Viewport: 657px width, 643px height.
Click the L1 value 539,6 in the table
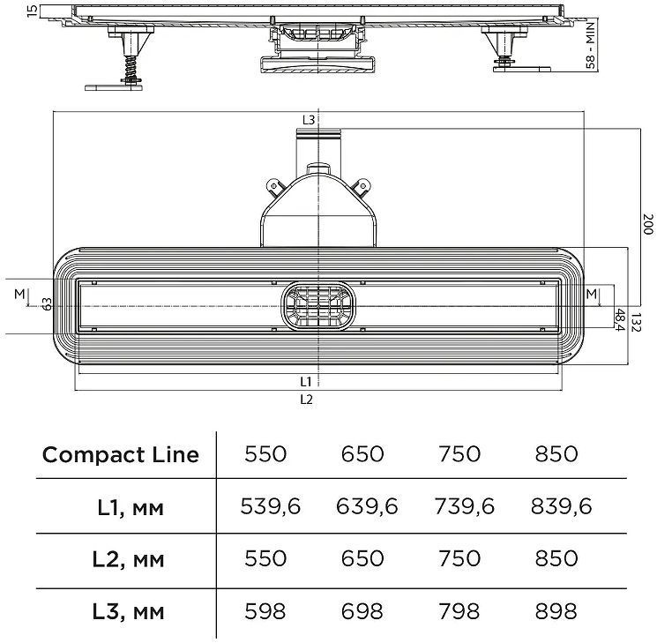point(270,506)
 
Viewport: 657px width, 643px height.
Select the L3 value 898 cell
point(556,611)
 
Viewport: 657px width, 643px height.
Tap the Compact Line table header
point(121,455)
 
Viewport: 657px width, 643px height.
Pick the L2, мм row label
point(128,559)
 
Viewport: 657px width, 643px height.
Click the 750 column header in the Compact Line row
point(459,454)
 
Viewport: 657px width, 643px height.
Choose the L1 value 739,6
point(464,506)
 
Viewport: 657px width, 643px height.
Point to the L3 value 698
point(362,611)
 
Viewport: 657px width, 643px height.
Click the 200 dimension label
point(648,224)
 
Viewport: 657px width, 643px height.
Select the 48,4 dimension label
point(620,319)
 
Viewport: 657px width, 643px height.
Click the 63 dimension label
point(47,304)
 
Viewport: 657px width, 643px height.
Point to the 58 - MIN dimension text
point(590,46)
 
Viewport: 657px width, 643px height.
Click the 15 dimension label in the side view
point(32,11)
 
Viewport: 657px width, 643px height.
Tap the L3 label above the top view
point(309,120)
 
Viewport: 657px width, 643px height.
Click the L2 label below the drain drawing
point(306,400)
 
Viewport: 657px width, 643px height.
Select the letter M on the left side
point(19,295)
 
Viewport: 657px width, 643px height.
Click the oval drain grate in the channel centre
point(318,305)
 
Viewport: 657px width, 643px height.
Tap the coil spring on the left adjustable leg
point(131,68)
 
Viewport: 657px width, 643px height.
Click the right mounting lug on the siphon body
point(362,187)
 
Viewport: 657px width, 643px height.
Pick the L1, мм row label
point(131,508)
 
